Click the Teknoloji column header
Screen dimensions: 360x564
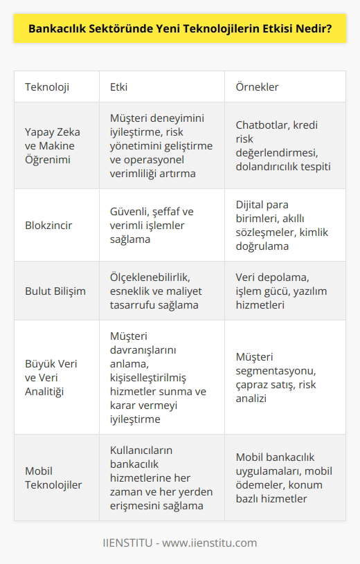[52, 87]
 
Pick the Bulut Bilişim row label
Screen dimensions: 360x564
[55, 291]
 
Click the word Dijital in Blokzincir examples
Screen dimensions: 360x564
[251, 205]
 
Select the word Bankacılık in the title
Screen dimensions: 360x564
[56, 30]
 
